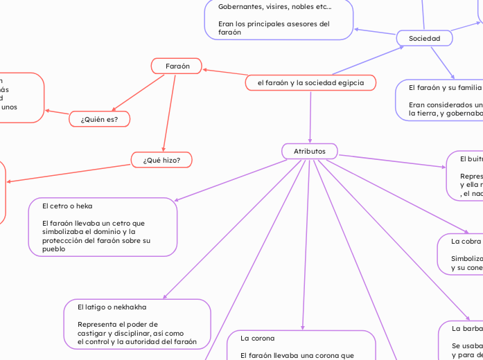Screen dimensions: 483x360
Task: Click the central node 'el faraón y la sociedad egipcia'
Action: point(310,83)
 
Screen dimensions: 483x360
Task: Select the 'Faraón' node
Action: point(176,66)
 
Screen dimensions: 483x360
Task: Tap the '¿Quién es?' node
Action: point(100,120)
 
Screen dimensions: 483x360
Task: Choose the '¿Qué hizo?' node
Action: point(161,160)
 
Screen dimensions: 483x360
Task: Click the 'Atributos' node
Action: point(310,151)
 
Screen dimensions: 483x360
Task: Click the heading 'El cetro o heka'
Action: point(67,206)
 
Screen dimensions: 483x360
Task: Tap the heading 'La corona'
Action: point(258,339)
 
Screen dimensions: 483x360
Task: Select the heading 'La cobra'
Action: point(466,242)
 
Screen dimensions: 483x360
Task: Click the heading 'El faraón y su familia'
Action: point(444,88)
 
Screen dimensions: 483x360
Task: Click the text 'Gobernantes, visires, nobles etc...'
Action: point(274,7)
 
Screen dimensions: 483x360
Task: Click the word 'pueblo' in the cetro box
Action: point(54,248)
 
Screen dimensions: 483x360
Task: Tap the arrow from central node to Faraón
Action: point(224,74)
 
